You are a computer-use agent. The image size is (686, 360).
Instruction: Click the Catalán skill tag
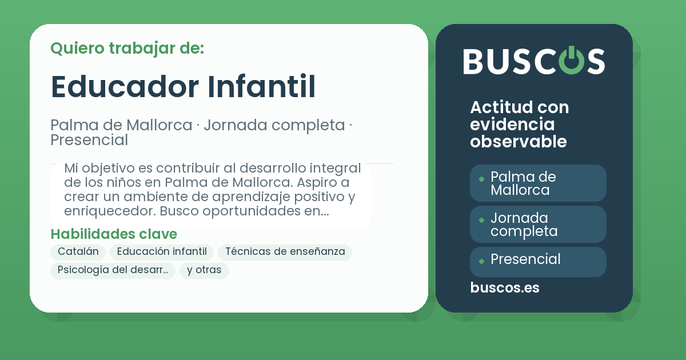click(x=78, y=252)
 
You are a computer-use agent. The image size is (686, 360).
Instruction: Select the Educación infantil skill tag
click(x=162, y=252)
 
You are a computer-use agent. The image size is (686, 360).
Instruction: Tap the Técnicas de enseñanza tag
click(x=285, y=252)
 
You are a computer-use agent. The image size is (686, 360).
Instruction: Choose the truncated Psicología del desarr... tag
click(x=113, y=270)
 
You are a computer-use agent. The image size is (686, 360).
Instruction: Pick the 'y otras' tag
click(x=204, y=270)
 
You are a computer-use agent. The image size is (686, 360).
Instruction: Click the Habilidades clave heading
click(x=114, y=234)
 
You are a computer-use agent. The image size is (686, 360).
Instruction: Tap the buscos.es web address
click(x=504, y=288)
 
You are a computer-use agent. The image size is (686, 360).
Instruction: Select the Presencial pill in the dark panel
click(x=538, y=260)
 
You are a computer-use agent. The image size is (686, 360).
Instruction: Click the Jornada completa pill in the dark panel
click(x=538, y=225)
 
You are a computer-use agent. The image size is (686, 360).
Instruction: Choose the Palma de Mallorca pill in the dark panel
click(x=538, y=183)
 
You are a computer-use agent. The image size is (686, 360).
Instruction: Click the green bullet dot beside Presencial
click(x=481, y=261)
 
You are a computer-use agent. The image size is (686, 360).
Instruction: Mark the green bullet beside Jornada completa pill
click(x=481, y=219)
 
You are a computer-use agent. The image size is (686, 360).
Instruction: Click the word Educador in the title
click(x=125, y=86)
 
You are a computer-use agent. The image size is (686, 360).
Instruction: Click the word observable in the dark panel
click(x=518, y=142)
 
